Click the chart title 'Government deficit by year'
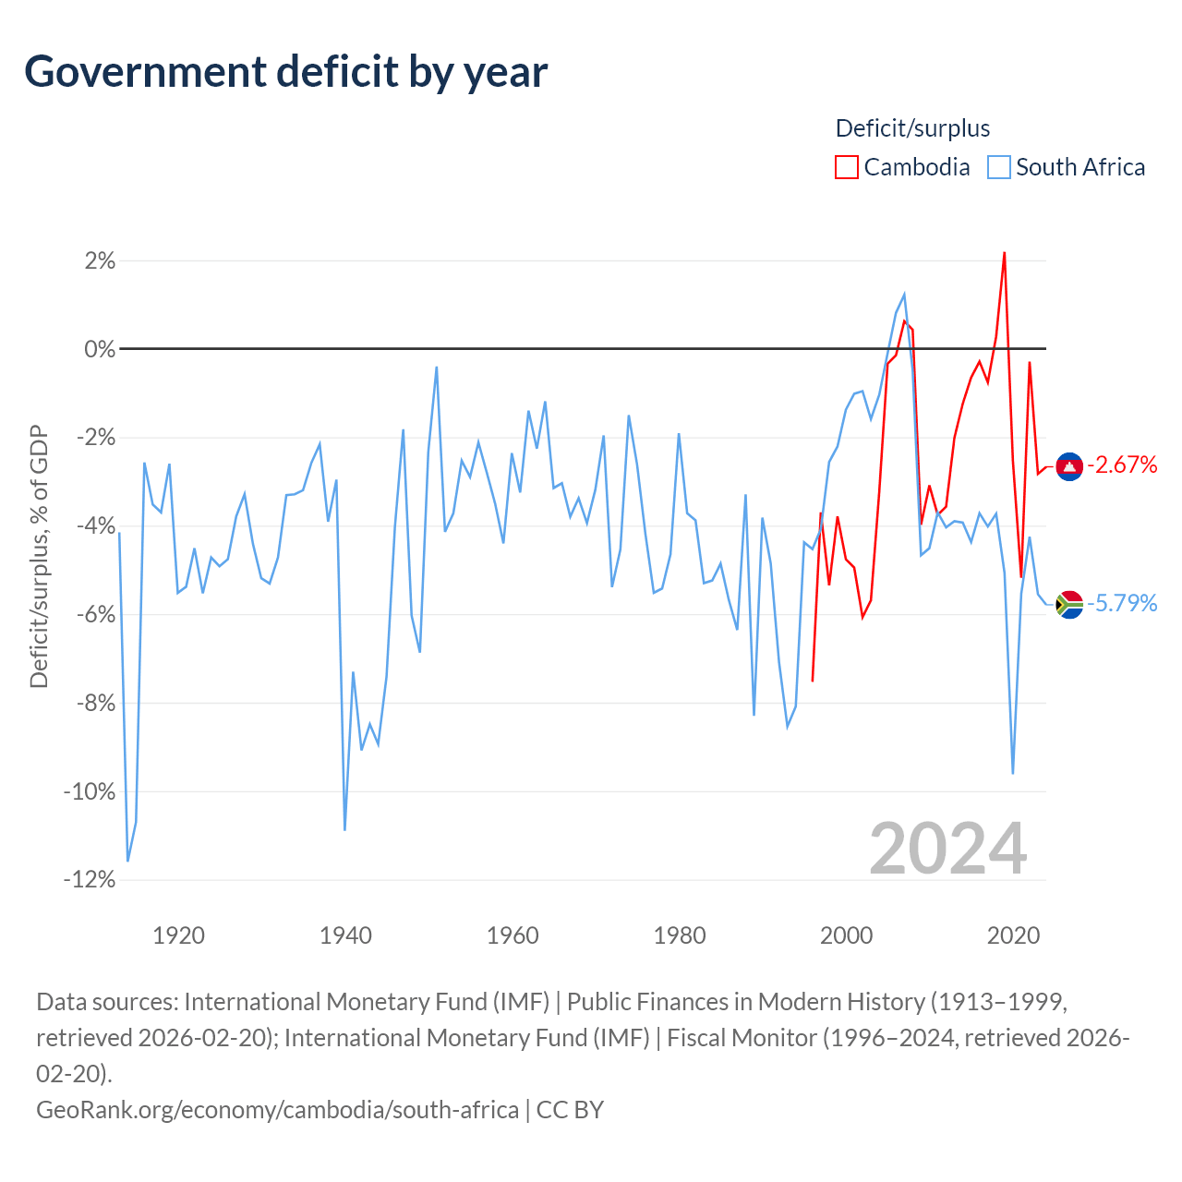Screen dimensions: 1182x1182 tap(285, 72)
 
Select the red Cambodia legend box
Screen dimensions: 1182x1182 tap(846, 167)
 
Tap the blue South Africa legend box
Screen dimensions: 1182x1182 tap(998, 167)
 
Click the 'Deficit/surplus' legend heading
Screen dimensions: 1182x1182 tap(912, 128)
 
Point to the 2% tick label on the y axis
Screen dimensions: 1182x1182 tap(100, 260)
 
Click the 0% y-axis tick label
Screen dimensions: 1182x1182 tap(100, 349)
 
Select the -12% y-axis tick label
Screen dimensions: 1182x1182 tap(90, 880)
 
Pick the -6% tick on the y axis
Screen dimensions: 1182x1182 tap(96, 615)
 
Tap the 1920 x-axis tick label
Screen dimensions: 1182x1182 tap(178, 935)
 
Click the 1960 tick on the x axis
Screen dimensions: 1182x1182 tap(513, 935)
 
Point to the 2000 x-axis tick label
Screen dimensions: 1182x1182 tap(846, 935)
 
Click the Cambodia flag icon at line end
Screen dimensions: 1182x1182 tap(1069, 466)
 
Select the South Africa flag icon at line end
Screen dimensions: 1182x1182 tap(1069, 604)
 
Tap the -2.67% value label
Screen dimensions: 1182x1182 tap(1122, 464)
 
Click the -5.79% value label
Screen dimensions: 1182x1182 tap(1122, 603)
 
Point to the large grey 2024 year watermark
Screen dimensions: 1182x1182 tap(947, 849)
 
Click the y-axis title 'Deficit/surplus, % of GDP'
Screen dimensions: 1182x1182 tap(39, 556)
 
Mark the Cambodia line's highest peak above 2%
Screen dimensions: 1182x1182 tap(1004, 253)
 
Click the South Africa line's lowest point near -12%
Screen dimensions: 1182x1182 tap(127, 861)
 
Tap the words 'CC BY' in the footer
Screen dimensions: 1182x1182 tap(570, 1110)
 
